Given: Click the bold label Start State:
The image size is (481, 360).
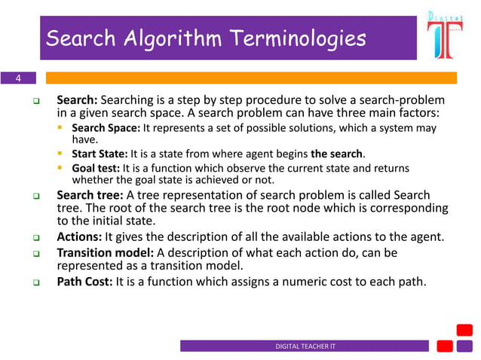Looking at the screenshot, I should [x=100, y=154].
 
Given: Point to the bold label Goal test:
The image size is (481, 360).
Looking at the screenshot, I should [x=97, y=168].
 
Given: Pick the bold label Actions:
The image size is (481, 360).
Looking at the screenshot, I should [x=79, y=237].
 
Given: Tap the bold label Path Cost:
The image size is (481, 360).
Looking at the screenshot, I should [x=85, y=282].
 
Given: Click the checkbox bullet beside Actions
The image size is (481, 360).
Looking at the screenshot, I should [x=35, y=238].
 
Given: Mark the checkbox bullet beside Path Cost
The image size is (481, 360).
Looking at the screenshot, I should [x=35, y=283].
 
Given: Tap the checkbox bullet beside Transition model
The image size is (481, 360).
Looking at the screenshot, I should [x=35, y=253].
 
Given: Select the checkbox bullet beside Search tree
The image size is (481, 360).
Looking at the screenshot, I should [x=35, y=196].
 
